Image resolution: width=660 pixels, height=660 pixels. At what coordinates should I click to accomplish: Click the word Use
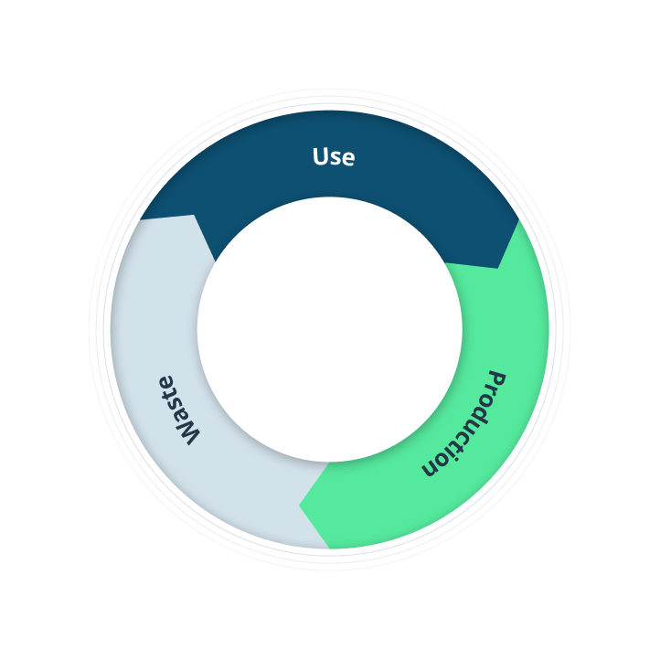[x=334, y=156]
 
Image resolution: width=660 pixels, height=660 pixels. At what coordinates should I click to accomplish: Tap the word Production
[x=463, y=424]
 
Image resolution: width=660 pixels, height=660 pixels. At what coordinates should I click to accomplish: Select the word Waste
[x=178, y=410]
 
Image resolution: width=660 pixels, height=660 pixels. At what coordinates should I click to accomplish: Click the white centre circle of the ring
[x=330, y=330]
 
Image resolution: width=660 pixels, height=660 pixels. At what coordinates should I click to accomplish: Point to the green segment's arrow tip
[x=299, y=506]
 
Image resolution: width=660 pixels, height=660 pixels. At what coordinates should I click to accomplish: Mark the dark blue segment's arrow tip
[x=498, y=268]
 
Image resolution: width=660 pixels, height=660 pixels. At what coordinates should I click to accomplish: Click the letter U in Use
[x=321, y=156]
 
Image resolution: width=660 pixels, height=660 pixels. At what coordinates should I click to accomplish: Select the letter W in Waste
[x=187, y=432]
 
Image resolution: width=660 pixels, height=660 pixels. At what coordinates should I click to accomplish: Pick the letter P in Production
[x=497, y=378]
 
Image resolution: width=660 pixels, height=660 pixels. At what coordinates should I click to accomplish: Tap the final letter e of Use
[x=348, y=159]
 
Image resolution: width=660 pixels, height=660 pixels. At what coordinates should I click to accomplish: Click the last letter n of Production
[x=430, y=468]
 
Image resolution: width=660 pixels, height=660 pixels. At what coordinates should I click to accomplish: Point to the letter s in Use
[x=335, y=159]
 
